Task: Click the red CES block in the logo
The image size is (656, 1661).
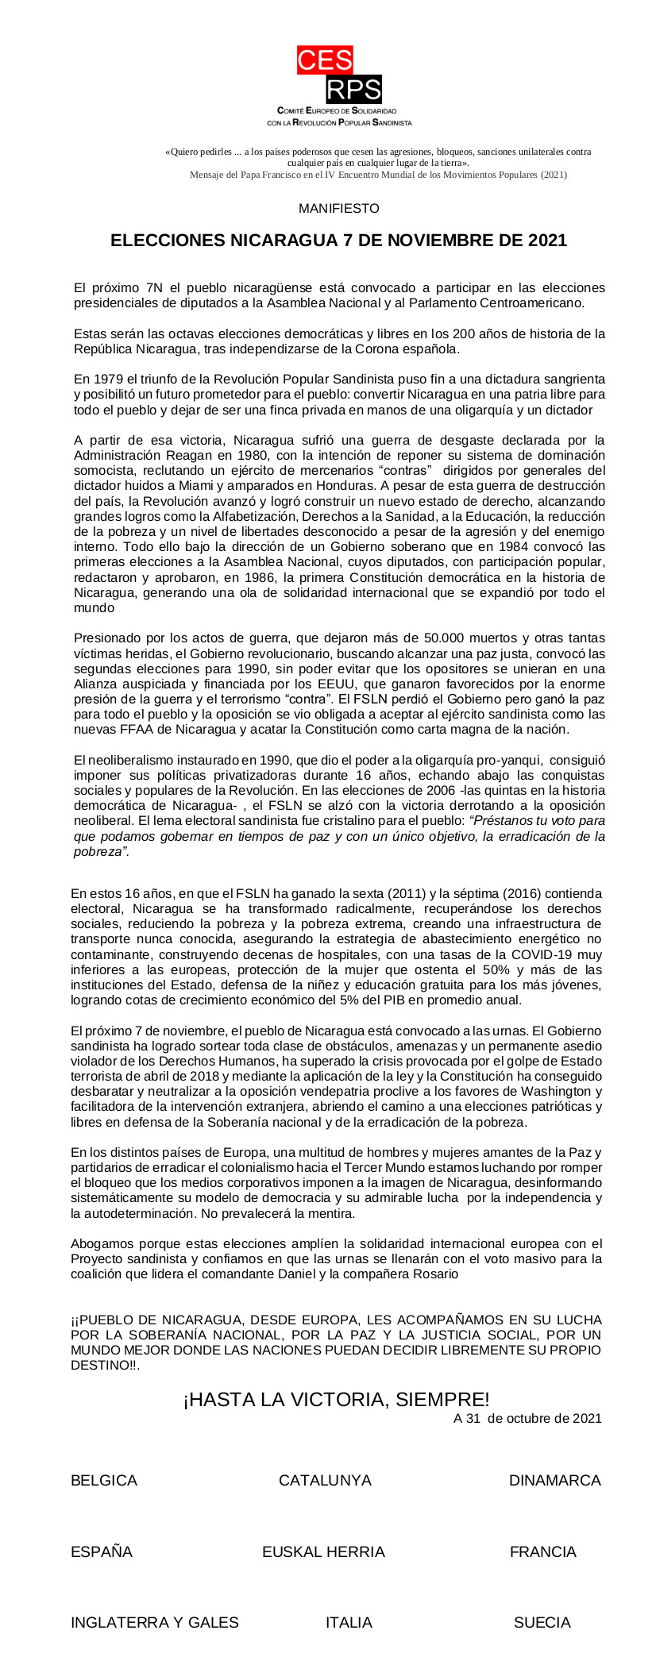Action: [325, 60]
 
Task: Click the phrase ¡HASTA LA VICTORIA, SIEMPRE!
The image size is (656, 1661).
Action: [337, 1400]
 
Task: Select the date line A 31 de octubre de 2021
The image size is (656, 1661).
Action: [527, 1418]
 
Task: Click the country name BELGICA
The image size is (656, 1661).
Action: [104, 1481]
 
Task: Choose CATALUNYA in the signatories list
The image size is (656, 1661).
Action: [325, 1481]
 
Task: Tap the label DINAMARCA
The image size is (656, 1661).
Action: [554, 1481]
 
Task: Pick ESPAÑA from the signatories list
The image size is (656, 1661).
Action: [102, 1552]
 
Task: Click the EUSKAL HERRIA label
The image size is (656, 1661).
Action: [323, 1552]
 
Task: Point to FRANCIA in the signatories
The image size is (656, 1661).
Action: [542, 1552]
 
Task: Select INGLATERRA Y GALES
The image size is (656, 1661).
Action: [155, 1622]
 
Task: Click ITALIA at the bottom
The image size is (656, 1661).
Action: [349, 1622]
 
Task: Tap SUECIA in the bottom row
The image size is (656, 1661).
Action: [542, 1622]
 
